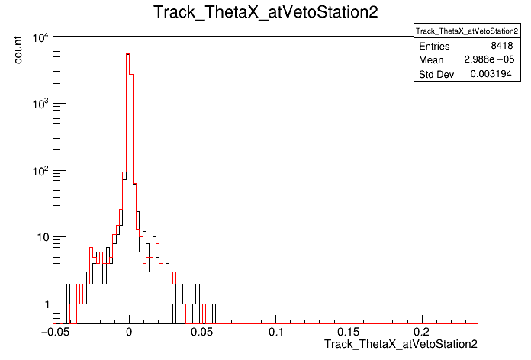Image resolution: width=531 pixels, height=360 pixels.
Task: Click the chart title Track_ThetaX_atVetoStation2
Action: pyautogui.click(x=265, y=12)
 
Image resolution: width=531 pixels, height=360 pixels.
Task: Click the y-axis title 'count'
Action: pyautogui.click(x=18, y=50)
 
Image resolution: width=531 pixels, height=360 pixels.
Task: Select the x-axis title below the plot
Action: pyautogui.click(x=401, y=344)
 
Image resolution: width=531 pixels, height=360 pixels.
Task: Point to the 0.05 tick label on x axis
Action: pyautogui.click(x=202, y=332)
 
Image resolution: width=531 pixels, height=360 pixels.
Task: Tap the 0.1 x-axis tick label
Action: pyautogui.click(x=276, y=332)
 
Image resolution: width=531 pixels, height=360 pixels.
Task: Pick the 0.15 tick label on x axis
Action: pyautogui.click(x=348, y=332)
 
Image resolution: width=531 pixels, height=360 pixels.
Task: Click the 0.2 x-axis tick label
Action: pyautogui.click(x=422, y=332)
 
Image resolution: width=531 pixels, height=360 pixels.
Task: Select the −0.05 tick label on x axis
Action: pyautogui.click(x=55, y=332)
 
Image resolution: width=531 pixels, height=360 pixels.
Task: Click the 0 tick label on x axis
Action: pyautogui.click(x=129, y=332)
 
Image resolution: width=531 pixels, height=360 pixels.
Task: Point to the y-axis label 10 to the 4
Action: pyautogui.click(x=40, y=37)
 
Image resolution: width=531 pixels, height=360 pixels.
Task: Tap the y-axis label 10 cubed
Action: pyautogui.click(x=40, y=104)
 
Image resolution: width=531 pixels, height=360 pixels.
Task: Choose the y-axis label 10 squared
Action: pyautogui.click(x=40, y=171)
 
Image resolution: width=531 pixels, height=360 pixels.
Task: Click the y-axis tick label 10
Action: pyautogui.click(x=43, y=237)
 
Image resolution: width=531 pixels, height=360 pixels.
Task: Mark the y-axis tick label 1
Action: pyautogui.click(x=47, y=304)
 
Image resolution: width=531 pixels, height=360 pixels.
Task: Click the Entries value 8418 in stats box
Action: pyautogui.click(x=502, y=46)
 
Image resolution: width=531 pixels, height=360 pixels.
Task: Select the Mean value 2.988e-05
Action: pyautogui.click(x=489, y=59)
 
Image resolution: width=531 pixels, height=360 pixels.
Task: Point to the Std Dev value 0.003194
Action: pyautogui.click(x=491, y=74)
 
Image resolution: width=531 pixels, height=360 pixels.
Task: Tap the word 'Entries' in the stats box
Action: pyautogui.click(x=434, y=46)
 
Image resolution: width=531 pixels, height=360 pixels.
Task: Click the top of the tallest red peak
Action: pyautogui.click(x=128, y=54)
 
